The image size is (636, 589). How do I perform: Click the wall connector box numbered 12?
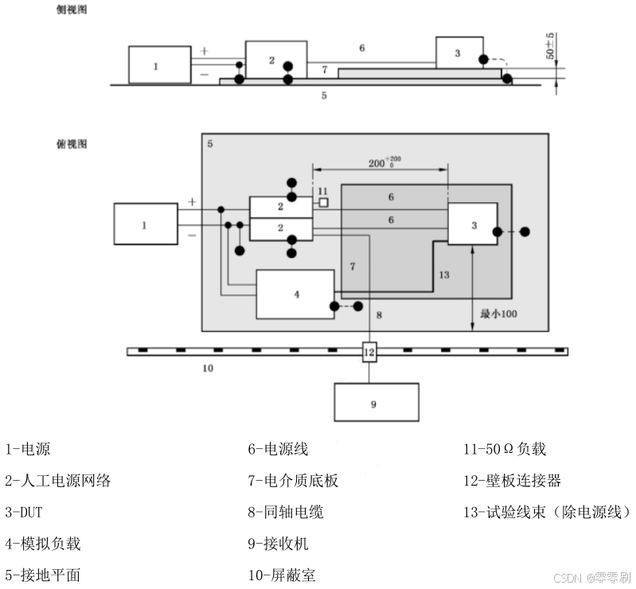(x=369, y=351)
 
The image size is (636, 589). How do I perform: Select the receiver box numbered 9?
(x=376, y=403)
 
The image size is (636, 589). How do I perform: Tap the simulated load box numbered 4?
(x=295, y=294)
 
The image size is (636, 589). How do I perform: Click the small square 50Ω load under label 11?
(x=323, y=204)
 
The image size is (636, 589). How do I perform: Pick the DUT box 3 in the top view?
(x=473, y=224)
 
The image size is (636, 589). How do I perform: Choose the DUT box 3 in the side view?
(x=459, y=53)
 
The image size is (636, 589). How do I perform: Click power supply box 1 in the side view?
(x=159, y=65)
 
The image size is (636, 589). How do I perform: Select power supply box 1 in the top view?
(x=146, y=224)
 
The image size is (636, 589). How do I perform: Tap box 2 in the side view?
(x=275, y=60)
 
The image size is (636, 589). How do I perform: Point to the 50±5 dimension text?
(x=550, y=49)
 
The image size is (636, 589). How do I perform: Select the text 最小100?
(x=499, y=314)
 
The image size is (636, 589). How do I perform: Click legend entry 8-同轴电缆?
(x=285, y=512)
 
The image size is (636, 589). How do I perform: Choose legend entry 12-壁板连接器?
(x=513, y=480)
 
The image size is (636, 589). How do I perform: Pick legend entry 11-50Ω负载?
(x=504, y=449)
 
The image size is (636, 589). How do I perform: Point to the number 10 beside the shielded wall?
(x=207, y=369)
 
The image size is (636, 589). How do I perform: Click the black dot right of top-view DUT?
(x=525, y=232)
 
